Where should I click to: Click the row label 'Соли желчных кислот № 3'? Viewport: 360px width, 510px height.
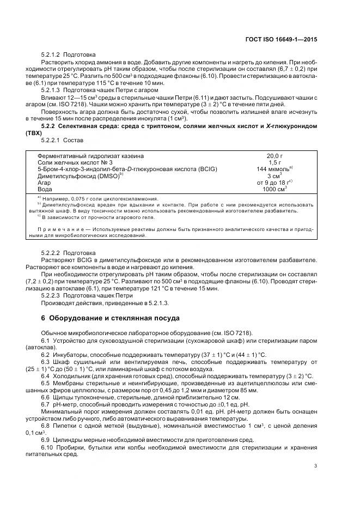(x=75, y=162)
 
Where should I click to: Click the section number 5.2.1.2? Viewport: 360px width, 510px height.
(x=51, y=55)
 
